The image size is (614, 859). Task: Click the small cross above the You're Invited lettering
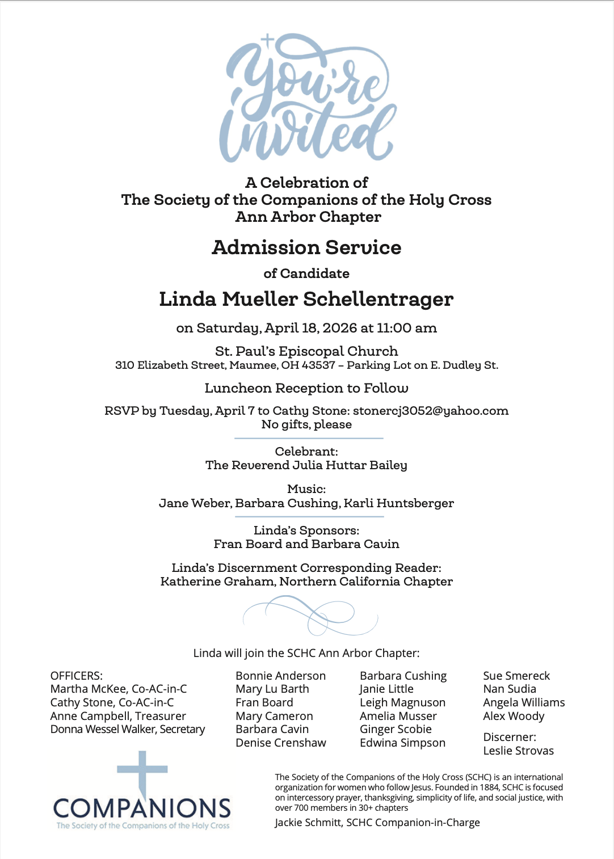pyautogui.click(x=268, y=41)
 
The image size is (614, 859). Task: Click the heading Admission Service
pyautogui.click(x=306, y=247)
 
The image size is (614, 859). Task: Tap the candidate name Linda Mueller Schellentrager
pyautogui.click(x=306, y=299)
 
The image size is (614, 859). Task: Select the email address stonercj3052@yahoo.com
pyautogui.click(x=431, y=411)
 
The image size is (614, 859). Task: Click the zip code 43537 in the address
pyautogui.click(x=318, y=365)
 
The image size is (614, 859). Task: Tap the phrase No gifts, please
pyautogui.click(x=306, y=424)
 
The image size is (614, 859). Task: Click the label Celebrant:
pyautogui.click(x=306, y=452)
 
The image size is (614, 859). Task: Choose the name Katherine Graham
pyautogui.click(x=217, y=582)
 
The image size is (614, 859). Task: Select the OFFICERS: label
pyautogui.click(x=77, y=676)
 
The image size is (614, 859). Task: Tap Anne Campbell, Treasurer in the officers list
pyautogui.click(x=118, y=716)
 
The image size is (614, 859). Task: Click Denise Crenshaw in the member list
pyautogui.click(x=281, y=743)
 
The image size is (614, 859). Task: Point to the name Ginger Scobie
pyautogui.click(x=396, y=729)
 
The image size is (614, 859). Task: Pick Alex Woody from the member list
pyautogui.click(x=514, y=716)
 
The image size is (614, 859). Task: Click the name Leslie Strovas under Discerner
pyautogui.click(x=518, y=751)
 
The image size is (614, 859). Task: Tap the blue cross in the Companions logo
pyautogui.click(x=142, y=772)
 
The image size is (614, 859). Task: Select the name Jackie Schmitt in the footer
pyautogui.click(x=308, y=823)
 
